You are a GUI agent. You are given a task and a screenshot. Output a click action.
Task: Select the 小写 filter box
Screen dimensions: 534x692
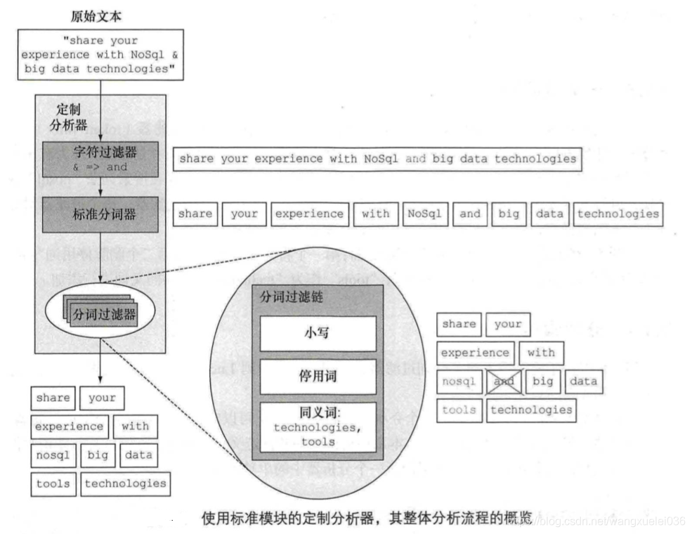pyautogui.click(x=318, y=333)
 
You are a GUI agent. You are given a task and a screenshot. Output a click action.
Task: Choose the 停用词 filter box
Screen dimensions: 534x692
pyautogui.click(x=318, y=376)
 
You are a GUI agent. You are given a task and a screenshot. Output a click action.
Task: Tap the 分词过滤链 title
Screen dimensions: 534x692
pyautogui.click(x=292, y=298)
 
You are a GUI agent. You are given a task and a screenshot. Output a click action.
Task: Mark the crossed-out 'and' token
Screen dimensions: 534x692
pyautogui.click(x=504, y=382)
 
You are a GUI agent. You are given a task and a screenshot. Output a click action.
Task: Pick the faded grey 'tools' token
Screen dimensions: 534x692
pyautogui.click(x=459, y=410)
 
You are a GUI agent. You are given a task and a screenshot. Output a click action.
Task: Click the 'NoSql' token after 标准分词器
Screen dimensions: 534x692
pyautogui.click(x=424, y=214)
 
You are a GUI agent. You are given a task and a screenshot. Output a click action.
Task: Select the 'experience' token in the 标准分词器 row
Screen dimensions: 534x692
pyautogui.click(x=309, y=214)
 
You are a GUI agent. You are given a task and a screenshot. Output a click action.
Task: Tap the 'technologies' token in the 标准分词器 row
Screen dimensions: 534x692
pyautogui.click(x=618, y=214)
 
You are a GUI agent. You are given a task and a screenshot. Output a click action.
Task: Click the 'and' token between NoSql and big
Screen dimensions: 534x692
pyautogui.click(x=470, y=214)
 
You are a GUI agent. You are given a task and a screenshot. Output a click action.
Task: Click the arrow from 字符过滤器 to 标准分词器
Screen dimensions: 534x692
pyautogui.click(x=101, y=186)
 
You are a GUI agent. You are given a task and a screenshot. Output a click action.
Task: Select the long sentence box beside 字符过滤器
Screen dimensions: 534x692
pyautogui.click(x=377, y=159)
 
